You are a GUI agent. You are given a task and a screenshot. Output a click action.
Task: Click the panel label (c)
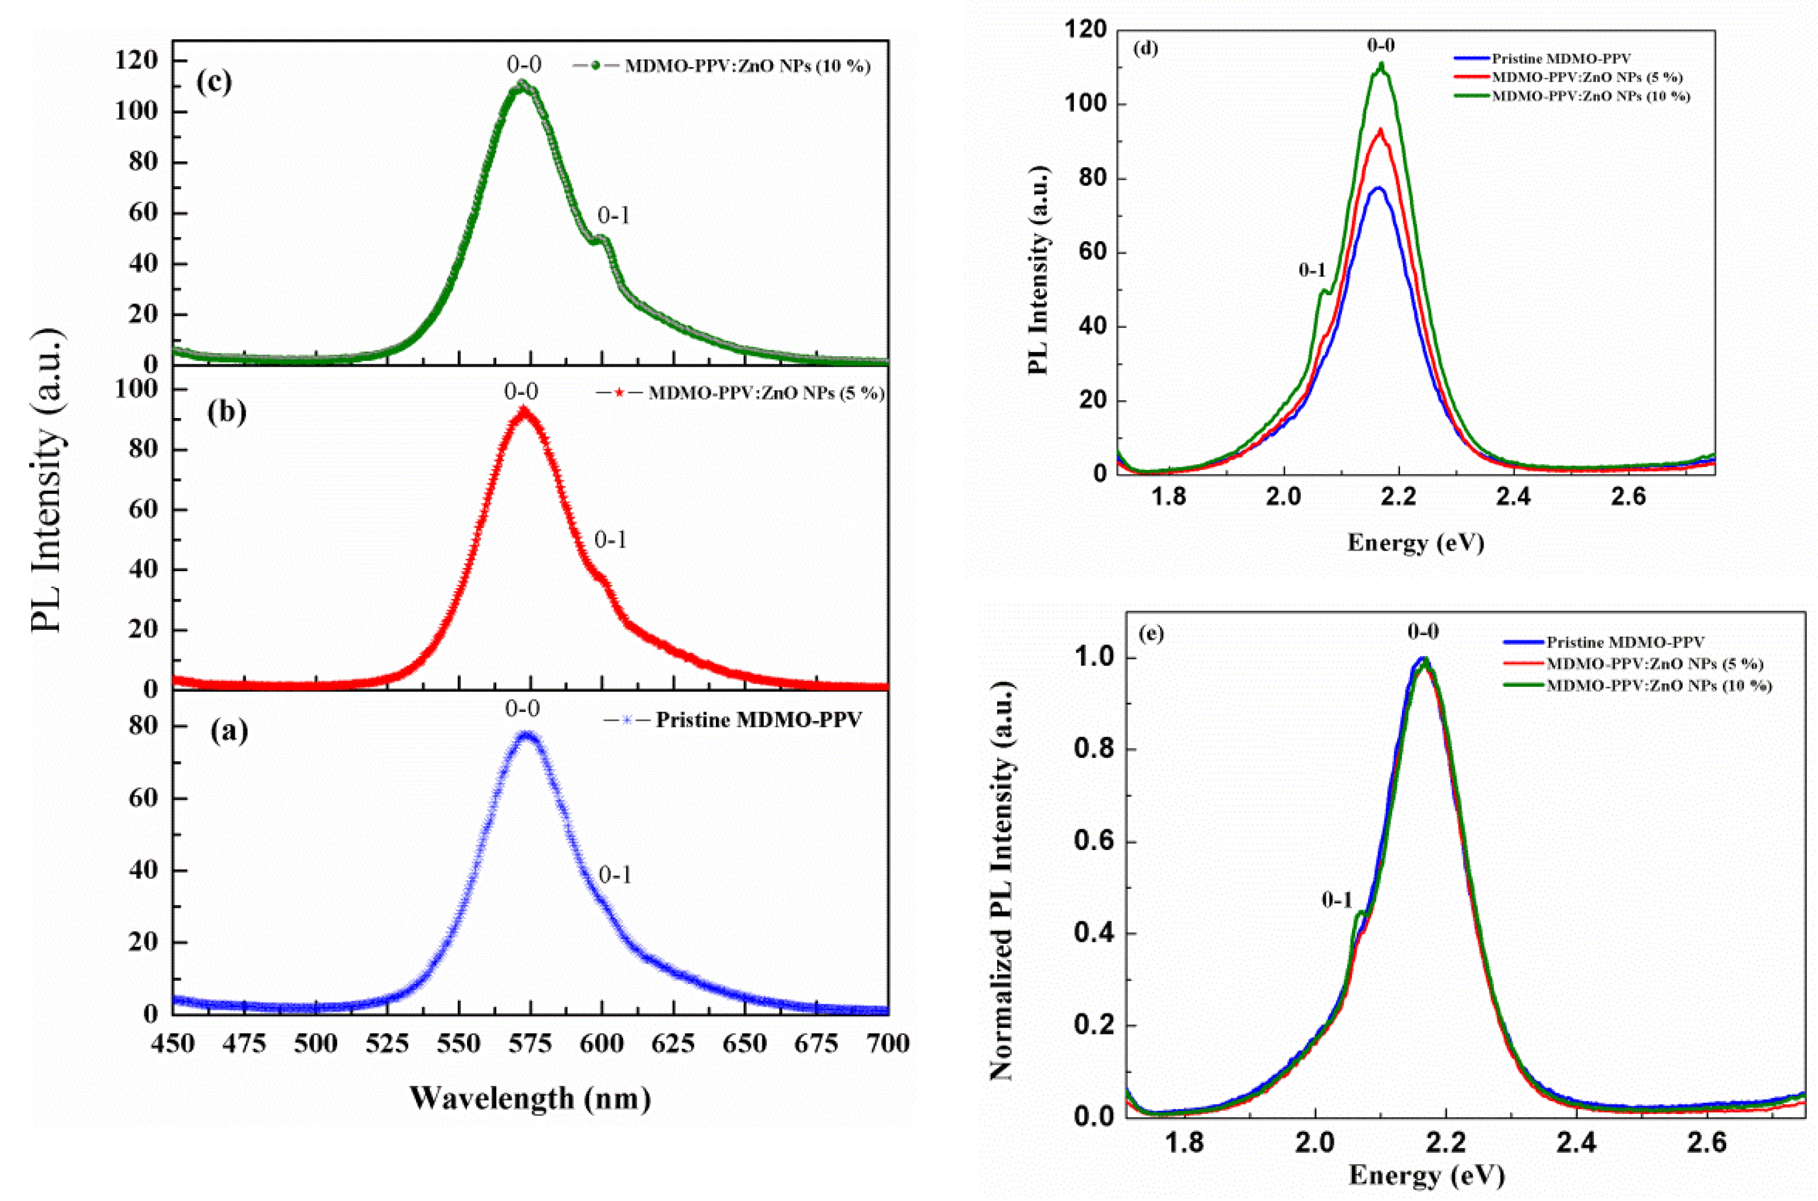coord(214,82)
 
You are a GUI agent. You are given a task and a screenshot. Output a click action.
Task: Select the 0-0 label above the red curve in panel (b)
coord(521,392)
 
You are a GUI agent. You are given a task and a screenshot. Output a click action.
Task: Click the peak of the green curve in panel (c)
coord(522,83)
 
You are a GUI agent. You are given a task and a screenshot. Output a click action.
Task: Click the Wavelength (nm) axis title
coord(530,1097)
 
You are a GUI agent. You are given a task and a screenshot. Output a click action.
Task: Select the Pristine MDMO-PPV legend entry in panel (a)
coord(758,720)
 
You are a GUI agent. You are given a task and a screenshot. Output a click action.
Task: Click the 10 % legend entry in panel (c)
coord(746,66)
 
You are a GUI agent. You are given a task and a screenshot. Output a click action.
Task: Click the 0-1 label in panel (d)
coord(1312,270)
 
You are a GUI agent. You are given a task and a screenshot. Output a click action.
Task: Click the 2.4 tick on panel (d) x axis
coord(1513,496)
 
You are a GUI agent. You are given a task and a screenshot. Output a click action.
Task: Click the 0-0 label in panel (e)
coord(1423,632)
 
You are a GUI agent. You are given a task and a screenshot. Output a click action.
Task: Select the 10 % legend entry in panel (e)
coord(1659,685)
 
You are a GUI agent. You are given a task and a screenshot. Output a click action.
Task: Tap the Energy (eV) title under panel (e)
coord(1426,1174)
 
